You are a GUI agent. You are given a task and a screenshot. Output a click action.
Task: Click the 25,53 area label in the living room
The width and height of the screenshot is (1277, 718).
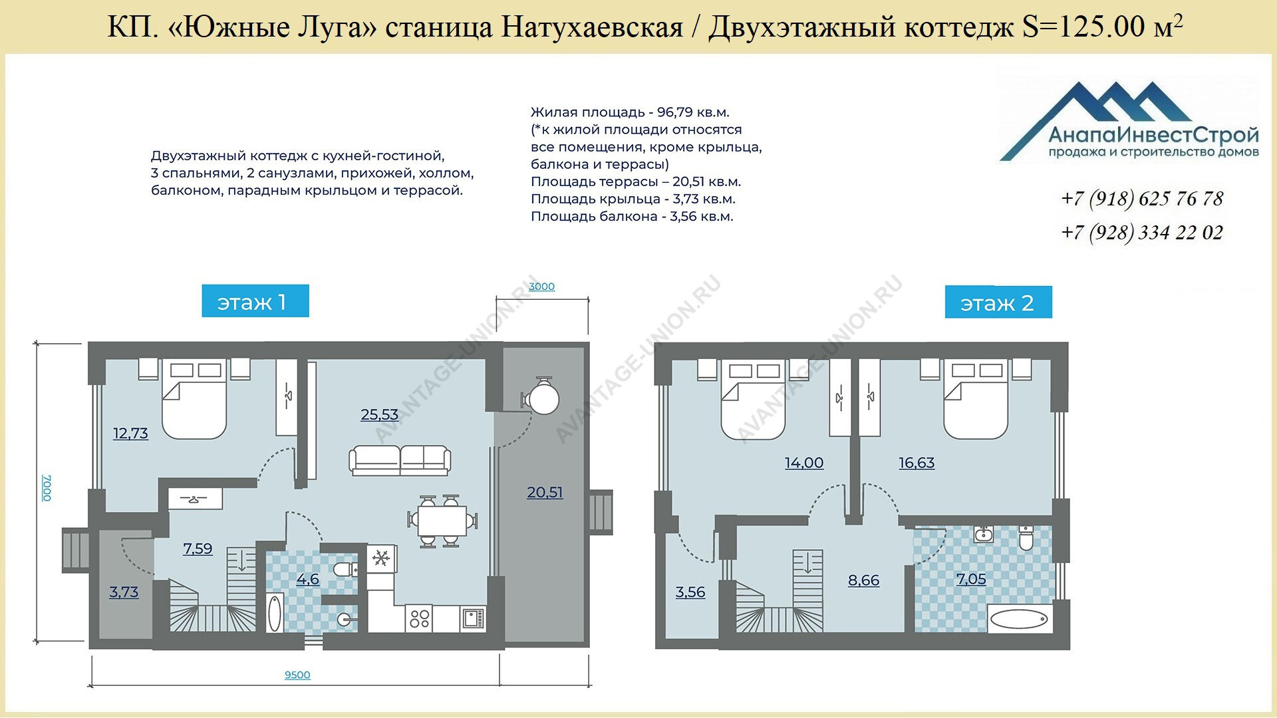379,415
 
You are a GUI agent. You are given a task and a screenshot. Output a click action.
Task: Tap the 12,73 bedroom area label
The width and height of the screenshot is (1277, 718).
130,433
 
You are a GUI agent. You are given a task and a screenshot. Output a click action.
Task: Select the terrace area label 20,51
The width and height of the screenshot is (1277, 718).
545,493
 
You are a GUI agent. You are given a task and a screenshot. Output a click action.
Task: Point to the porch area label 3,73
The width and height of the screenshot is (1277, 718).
124,592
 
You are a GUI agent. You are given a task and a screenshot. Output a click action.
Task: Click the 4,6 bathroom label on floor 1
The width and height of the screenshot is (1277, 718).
307,579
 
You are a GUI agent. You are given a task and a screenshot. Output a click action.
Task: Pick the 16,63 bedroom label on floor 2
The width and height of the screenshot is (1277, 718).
917,463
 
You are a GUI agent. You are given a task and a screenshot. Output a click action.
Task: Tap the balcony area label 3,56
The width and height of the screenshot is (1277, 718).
690,592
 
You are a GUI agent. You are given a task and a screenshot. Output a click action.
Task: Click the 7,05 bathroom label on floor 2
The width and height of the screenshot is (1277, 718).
971,579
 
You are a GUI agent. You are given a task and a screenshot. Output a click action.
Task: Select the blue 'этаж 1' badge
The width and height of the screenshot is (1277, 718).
255,301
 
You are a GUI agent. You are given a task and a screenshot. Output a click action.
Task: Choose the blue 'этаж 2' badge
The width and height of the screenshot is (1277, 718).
998,302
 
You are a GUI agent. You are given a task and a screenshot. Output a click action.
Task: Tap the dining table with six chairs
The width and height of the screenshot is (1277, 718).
442,521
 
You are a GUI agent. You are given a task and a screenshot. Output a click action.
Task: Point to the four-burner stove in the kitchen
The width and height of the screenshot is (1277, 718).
420,619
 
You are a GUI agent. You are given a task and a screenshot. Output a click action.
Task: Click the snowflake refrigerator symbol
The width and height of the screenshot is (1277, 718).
382,558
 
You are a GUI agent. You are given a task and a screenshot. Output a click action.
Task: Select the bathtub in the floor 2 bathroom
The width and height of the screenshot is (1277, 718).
1019,620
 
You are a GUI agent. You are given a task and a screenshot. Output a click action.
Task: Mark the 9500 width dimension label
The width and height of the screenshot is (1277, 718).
297,675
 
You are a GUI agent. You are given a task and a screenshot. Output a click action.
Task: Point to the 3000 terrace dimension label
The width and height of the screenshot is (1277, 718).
541,287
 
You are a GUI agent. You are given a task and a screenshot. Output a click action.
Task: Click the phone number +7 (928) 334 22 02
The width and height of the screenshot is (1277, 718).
1142,232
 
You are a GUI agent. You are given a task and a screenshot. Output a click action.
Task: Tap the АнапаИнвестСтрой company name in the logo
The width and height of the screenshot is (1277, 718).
1153,136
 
